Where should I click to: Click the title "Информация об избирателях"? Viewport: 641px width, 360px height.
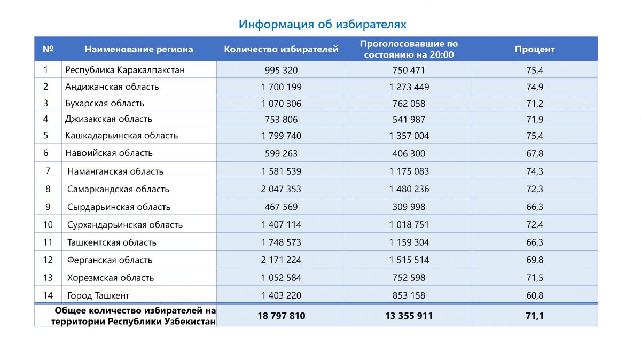click(x=322, y=24)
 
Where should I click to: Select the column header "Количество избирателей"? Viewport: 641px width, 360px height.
click(x=281, y=49)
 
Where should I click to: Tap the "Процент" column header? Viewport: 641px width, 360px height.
click(x=534, y=49)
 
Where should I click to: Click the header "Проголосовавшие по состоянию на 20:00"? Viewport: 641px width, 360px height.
click(x=409, y=49)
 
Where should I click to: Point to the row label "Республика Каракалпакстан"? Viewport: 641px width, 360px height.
click(x=125, y=70)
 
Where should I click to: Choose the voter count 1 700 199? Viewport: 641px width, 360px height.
click(x=281, y=87)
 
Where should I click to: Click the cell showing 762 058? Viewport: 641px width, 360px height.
click(x=409, y=104)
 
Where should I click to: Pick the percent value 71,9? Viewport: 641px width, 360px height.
click(x=534, y=120)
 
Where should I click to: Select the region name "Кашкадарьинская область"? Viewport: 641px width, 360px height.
click(x=122, y=136)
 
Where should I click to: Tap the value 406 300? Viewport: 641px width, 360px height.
click(x=409, y=153)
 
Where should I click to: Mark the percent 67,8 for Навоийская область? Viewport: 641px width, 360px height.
click(x=534, y=153)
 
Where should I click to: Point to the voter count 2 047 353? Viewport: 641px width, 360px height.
click(x=281, y=189)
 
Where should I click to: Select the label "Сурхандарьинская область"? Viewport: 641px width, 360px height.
click(x=125, y=225)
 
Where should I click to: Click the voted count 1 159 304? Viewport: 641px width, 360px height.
click(x=409, y=242)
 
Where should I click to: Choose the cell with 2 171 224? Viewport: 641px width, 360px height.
click(x=281, y=260)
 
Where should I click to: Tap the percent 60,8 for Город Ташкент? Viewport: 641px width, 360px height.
click(x=534, y=295)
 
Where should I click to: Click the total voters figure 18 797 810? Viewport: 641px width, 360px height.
click(x=281, y=316)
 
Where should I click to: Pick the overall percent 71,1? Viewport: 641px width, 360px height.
click(x=534, y=316)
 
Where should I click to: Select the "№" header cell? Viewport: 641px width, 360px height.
click(x=48, y=49)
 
